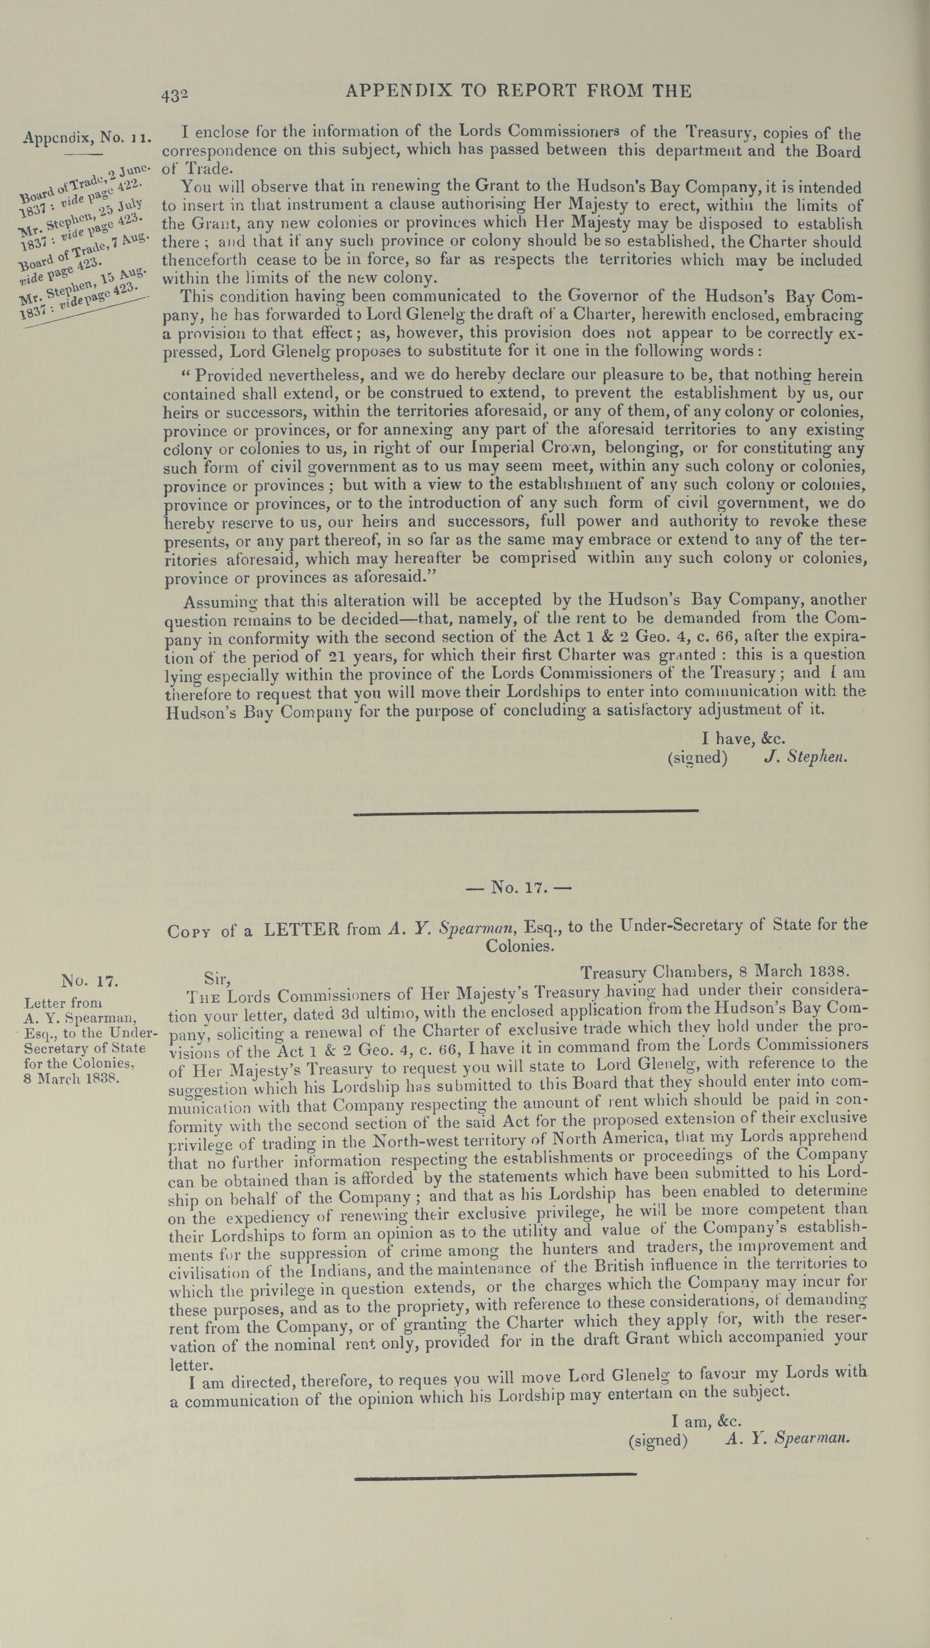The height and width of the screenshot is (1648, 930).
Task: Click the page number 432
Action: pos(175,95)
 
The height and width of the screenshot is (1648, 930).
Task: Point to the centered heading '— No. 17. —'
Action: pos(518,888)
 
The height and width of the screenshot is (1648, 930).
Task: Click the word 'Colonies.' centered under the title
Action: pos(518,945)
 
